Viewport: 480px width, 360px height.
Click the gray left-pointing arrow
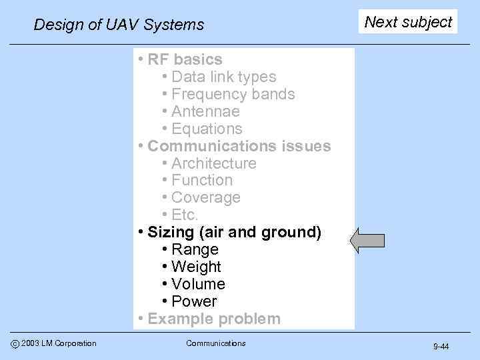[367, 241]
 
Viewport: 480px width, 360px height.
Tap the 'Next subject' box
[408, 22]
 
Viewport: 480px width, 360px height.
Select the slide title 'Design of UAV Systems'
[119, 25]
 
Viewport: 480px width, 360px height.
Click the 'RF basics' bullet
[185, 59]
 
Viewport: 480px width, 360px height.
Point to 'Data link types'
[223, 77]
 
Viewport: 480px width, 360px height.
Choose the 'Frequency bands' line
[233, 94]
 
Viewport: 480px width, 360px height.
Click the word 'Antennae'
[205, 111]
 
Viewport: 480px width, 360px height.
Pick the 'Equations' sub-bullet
[207, 129]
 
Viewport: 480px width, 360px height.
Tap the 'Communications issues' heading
[239, 146]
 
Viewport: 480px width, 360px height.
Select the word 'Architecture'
[213, 163]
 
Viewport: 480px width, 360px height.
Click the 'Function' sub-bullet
[202, 180]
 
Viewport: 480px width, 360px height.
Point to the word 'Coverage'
[205, 197]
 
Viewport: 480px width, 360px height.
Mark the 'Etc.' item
[185, 215]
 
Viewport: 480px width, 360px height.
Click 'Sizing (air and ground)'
[234, 232]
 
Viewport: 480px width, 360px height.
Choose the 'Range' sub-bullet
[195, 249]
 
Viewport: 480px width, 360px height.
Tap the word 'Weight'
[196, 267]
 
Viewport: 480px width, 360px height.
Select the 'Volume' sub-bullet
[198, 284]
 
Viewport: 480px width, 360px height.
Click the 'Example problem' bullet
[213, 319]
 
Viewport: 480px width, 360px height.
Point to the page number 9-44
[441, 347]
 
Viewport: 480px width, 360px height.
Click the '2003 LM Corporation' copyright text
[59, 343]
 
